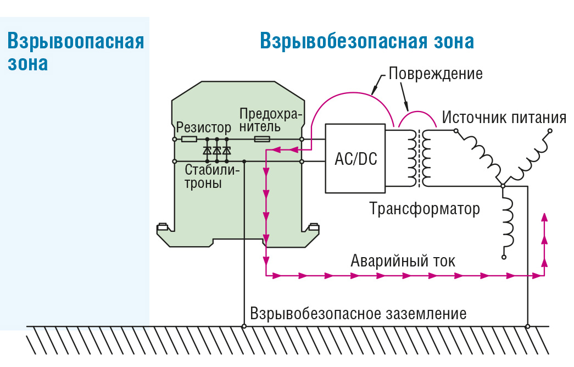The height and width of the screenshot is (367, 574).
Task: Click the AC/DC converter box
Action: pyautogui.click(x=355, y=158)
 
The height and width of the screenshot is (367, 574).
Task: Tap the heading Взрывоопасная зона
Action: pyautogui.click(x=75, y=53)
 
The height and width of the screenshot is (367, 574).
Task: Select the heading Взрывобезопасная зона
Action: pyautogui.click(x=367, y=42)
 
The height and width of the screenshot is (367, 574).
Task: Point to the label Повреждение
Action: pyautogui.click(x=436, y=73)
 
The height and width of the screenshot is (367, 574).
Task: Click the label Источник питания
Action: pyautogui.click(x=504, y=118)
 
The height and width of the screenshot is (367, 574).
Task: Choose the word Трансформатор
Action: pyautogui.click(x=425, y=209)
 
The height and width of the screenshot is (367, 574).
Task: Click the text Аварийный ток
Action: pyautogui.click(x=403, y=260)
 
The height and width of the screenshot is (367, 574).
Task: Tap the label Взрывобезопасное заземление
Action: pyautogui.click(x=358, y=314)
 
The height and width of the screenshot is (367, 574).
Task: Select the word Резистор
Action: pyautogui.click(x=204, y=128)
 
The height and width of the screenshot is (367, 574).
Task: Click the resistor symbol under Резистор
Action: pyautogui.click(x=189, y=140)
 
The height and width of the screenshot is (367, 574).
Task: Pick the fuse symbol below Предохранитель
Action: pyautogui.click(x=262, y=140)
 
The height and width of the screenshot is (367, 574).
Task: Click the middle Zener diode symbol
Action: pyautogui.click(x=216, y=150)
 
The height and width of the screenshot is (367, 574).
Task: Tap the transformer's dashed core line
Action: pyautogui.click(x=422, y=158)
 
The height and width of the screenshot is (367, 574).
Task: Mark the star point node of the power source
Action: pyautogui.click(x=502, y=186)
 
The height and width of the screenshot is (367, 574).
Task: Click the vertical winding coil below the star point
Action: pyautogui.click(x=508, y=222)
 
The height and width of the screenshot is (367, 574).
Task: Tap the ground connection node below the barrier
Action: pyautogui.click(x=244, y=326)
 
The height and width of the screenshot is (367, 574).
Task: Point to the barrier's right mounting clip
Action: pyautogui.click(x=314, y=226)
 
